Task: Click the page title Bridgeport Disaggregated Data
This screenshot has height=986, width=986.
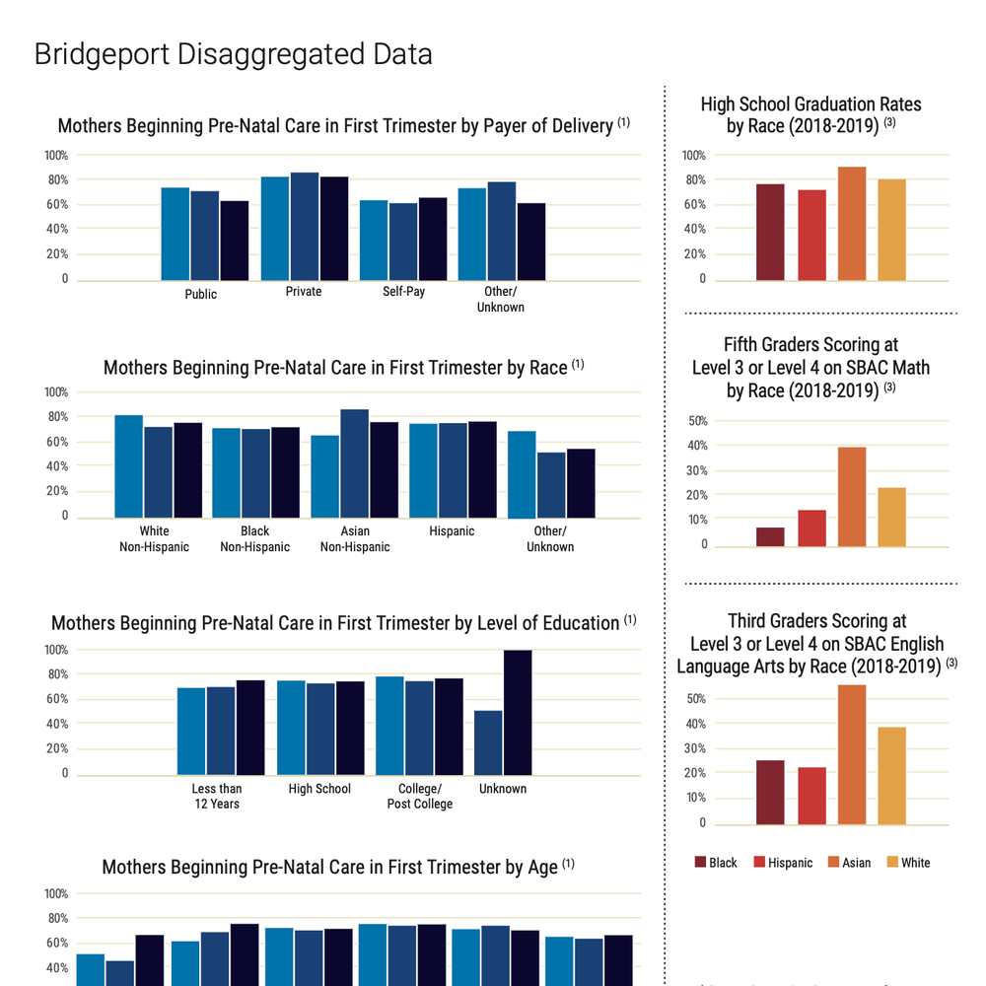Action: pyautogui.click(x=233, y=53)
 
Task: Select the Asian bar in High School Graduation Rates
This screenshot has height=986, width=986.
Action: pyautogui.click(x=852, y=224)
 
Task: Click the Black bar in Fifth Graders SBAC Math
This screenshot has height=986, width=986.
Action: pyautogui.click(x=770, y=536)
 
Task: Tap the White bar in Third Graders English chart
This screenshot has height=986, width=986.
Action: pyautogui.click(x=891, y=775)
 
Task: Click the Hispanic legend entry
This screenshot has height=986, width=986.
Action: pyautogui.click(x=783, y=863)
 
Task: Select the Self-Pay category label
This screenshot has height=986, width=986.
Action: pyautogui.click(x=403, y=292)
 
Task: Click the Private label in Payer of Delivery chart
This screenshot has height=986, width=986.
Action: pyautogui.click(x=304, y=292)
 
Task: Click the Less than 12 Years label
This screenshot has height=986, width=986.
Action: pyautogui.click(x=217, y=796)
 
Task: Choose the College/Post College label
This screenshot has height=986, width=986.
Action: pyautogui.click(x=419, y=796)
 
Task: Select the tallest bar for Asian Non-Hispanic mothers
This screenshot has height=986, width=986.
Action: pyautogui.click(x=354, y=463)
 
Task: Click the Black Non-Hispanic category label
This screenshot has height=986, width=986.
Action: pyautogui.click(x=254, y=539)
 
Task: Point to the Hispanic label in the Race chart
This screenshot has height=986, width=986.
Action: pyautogui.click(x=452, y=531)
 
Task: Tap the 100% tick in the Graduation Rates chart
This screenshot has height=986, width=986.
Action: pyautogui.click(x=694, y=156)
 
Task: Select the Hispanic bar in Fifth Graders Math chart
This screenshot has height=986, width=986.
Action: pyautogui.click(x=811, y=528)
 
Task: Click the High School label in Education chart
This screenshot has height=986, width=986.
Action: pyautogui.click(x=319, y=789)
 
